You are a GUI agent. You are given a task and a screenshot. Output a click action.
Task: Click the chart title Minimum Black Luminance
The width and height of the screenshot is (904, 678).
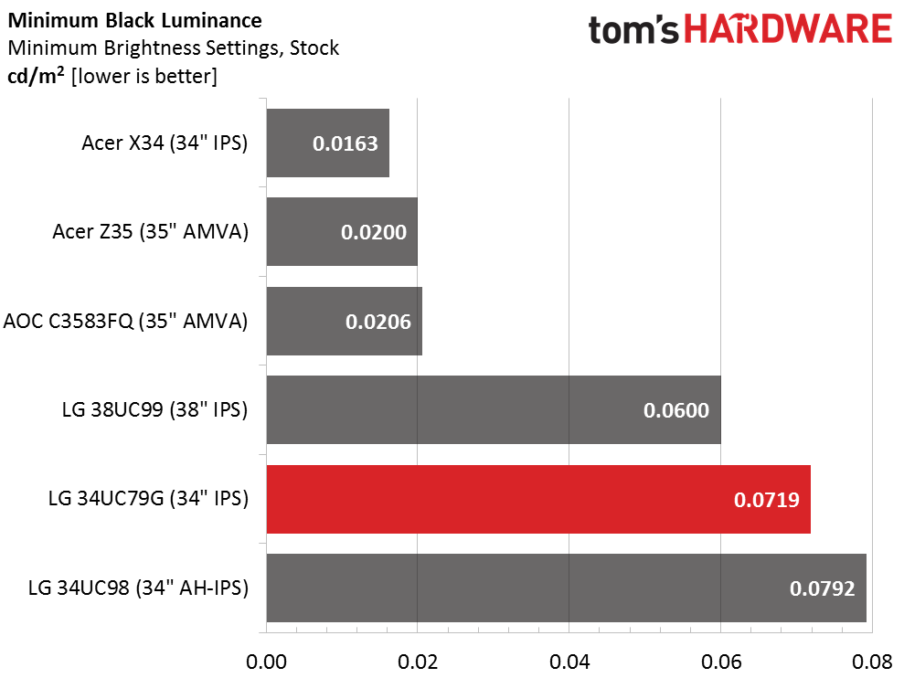coord(135,21)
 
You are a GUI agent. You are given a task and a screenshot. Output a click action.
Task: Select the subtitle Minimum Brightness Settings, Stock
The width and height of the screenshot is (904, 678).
coord(174,48)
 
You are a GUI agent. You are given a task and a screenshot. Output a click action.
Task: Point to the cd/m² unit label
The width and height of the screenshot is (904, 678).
coord(36,76)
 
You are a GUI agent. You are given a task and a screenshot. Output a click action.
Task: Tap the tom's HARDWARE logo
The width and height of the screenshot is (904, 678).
coord(740,29)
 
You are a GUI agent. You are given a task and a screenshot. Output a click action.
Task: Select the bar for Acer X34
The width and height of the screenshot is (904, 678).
coord(327,143)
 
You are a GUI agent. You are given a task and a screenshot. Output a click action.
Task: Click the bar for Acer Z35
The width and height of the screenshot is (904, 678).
coord(342,232)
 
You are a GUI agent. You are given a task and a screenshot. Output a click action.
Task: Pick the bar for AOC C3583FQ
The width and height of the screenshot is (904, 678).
coord(345,321)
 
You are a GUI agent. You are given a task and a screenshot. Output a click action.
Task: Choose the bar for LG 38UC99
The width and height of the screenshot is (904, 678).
coord(494,410)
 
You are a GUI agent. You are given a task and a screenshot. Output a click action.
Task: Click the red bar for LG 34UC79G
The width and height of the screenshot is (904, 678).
coord(538,499)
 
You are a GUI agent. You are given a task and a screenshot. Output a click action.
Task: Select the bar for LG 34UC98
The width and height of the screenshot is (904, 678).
coord(566,588)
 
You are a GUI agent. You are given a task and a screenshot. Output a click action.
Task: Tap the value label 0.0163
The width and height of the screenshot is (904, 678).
coord(345,143)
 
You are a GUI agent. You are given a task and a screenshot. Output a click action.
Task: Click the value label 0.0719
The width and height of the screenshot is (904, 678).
coord(766,500)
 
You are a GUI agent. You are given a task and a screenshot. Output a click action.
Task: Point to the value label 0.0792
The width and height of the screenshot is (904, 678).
coord(822,588)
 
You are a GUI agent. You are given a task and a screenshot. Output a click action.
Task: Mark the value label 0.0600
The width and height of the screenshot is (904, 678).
coord(676,410)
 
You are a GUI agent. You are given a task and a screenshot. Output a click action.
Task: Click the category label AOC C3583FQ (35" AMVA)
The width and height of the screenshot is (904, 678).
coord(126,321)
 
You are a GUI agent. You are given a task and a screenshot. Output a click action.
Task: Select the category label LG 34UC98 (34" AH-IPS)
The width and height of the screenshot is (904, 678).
coord(138,588)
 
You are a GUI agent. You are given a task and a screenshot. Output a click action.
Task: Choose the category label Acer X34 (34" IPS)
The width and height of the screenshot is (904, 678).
coord(165,143)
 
